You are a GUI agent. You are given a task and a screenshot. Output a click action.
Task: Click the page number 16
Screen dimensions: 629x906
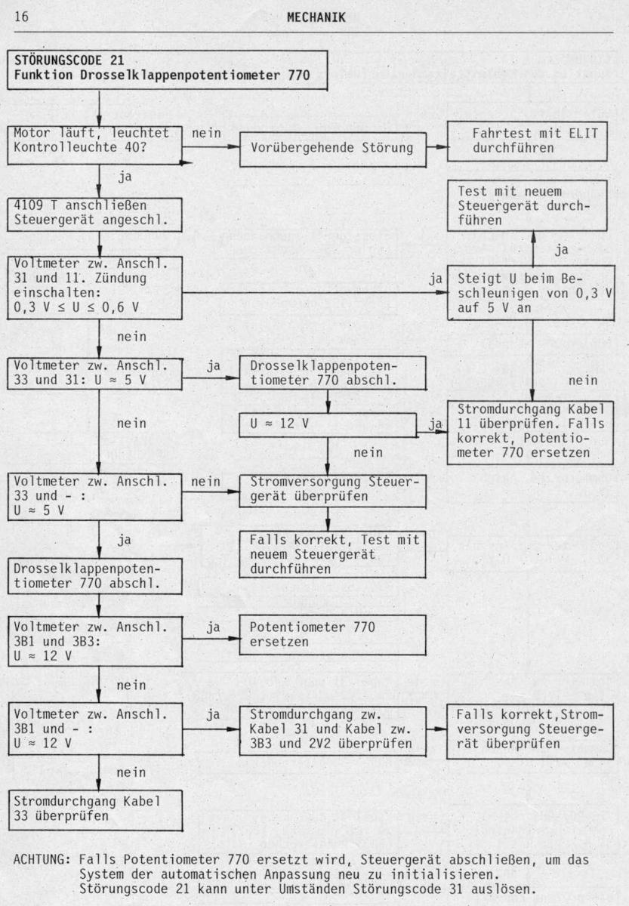tap(21, 17)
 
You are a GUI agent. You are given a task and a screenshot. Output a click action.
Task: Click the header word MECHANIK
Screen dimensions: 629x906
tap(316, 17)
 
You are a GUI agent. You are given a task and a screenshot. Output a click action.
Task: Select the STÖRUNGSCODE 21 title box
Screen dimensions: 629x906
tap(167, 70)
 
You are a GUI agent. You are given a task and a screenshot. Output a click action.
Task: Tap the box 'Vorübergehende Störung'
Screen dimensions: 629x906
tap(332, 149)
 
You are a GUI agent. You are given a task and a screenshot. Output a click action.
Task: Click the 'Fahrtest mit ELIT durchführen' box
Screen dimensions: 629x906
tap(527, 141)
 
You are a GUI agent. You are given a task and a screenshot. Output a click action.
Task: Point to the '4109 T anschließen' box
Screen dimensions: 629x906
tap(94, 214)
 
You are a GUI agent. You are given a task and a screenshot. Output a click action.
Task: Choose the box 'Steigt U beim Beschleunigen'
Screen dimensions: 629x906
tap(530, 293)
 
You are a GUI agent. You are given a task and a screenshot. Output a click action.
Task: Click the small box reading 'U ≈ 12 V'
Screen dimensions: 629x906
tap(328, 424)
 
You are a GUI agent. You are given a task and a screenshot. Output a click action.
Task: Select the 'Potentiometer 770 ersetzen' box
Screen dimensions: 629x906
tap(332, 635)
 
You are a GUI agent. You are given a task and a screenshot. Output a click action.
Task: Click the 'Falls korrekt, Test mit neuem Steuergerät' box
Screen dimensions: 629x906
tap(332, 554)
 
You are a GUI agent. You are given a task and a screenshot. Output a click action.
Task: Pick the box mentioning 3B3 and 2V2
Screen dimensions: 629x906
tap(332, 731)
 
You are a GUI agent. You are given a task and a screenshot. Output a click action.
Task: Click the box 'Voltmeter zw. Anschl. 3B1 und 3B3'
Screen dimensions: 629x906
tap(95, 641)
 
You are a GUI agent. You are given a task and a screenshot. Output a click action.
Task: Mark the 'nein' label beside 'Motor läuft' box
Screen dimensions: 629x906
tap(206, 133)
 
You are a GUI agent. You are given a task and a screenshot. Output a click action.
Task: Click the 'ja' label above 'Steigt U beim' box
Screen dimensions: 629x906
tap(562, 250)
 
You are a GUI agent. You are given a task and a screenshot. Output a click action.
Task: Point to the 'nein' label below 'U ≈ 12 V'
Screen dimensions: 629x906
tap(368, 452)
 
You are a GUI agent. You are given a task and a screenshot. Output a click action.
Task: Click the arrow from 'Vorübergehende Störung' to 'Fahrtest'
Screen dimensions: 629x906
tap(437, 147)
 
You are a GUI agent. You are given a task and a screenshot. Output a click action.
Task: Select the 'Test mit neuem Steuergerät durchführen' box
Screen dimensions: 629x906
tap(527, 206)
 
